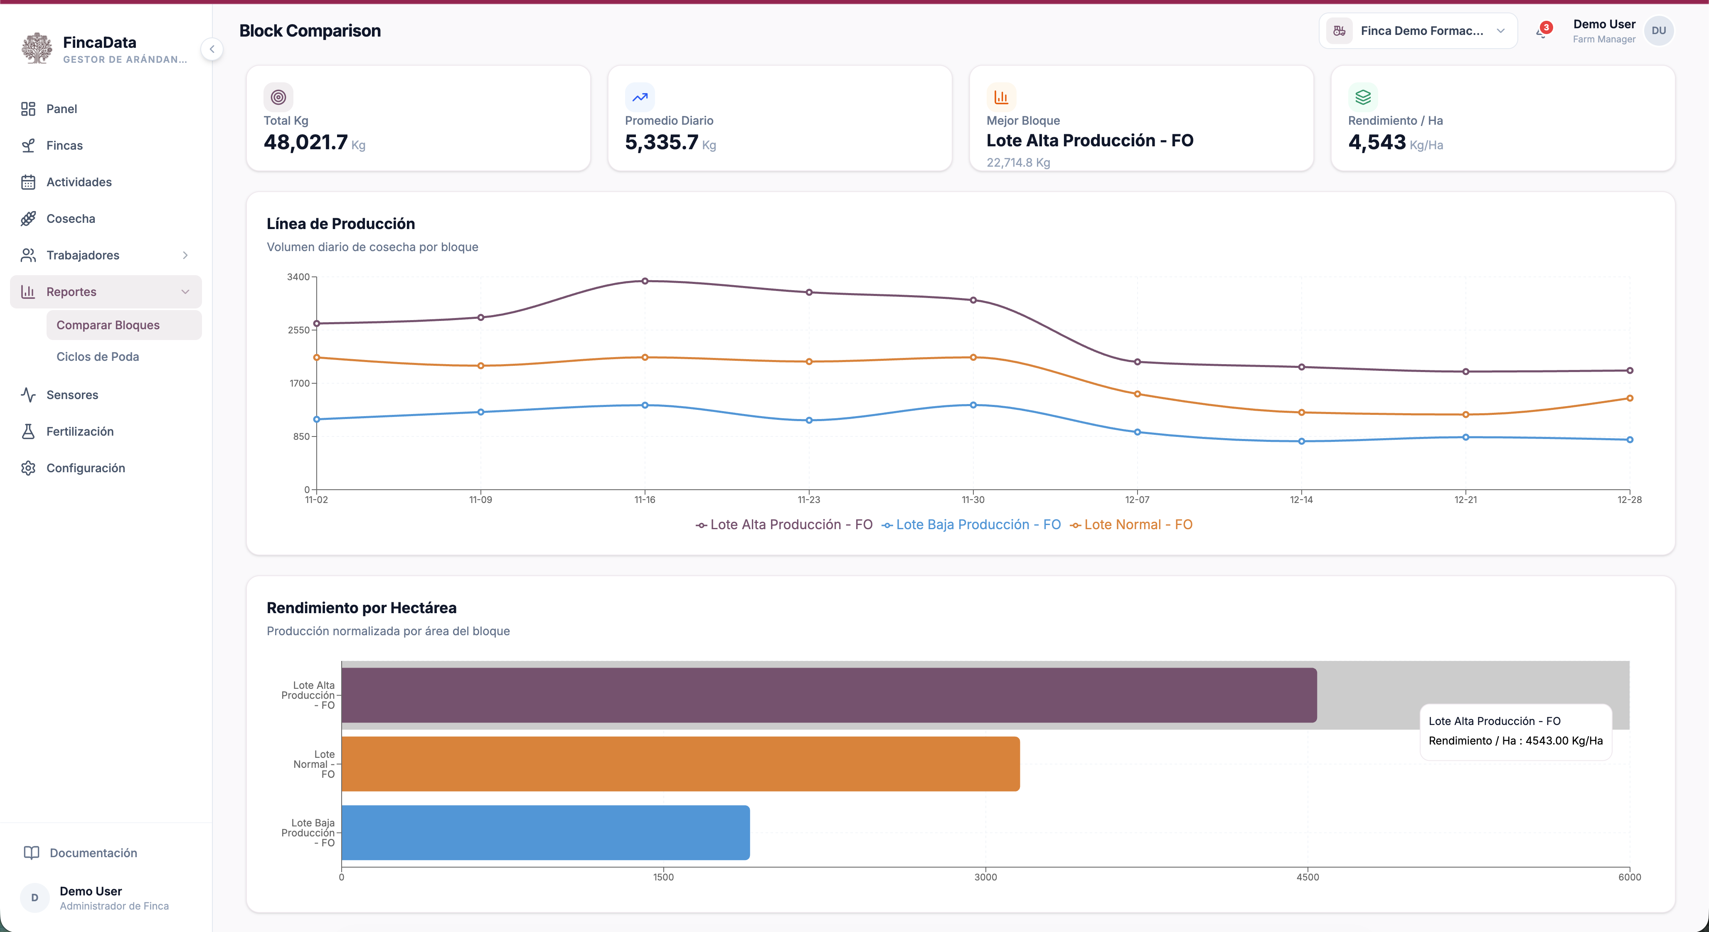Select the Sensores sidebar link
tap(71, 394)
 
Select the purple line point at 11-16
tap(645, 281)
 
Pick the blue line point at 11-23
tap(809, 421)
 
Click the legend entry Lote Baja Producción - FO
tap(971, 525)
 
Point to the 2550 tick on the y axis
tap(298, 330)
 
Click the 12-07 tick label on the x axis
tap(1137, 500)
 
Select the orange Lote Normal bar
tap(681, 764)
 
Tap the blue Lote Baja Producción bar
tap(545, 833)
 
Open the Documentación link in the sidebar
tap(93, 853)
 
